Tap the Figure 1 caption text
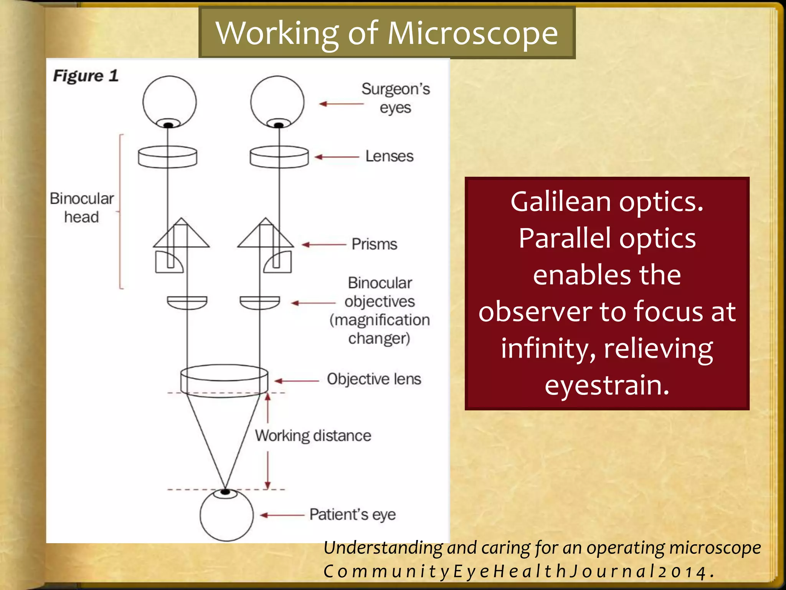point(86,76)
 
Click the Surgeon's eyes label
point(395,98)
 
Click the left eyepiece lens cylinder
point(167,157)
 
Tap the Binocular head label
point(82,208)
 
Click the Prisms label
point(374,244)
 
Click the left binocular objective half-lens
point(187,302)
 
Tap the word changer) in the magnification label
point(379,338)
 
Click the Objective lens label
point(374,379)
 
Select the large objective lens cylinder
point(224,381)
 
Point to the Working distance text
point(313,436)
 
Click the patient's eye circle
point(226,515)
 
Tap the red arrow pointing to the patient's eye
point(282,515)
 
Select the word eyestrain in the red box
point(607,385)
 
